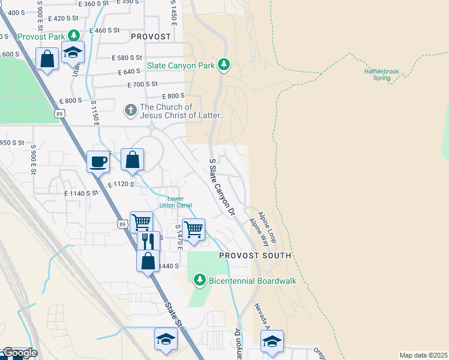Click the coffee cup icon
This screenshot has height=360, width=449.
[x=98, y=161]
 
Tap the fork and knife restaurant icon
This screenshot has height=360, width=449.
[x=148, y=241]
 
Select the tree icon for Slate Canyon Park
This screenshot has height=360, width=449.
[x=223, y=64]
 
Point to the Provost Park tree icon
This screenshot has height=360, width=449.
[x=73, y=36]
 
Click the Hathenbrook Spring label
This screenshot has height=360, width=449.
[x=381, y=74]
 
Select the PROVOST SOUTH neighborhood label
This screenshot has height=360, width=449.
[x=255, y=256]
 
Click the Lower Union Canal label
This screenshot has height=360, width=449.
[x=175, y=202]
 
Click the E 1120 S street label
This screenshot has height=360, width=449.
[x=121, y=184]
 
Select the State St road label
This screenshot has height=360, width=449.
[x=172, y=314]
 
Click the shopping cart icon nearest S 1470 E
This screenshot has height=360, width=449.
[x=193, y=229]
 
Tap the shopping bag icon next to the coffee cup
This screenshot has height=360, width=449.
[x=133, y=160]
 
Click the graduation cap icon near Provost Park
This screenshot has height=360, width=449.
[x=73, y=52]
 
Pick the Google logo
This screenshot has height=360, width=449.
[x=19, y=353]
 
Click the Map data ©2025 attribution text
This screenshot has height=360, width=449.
[x=423, y=355]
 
